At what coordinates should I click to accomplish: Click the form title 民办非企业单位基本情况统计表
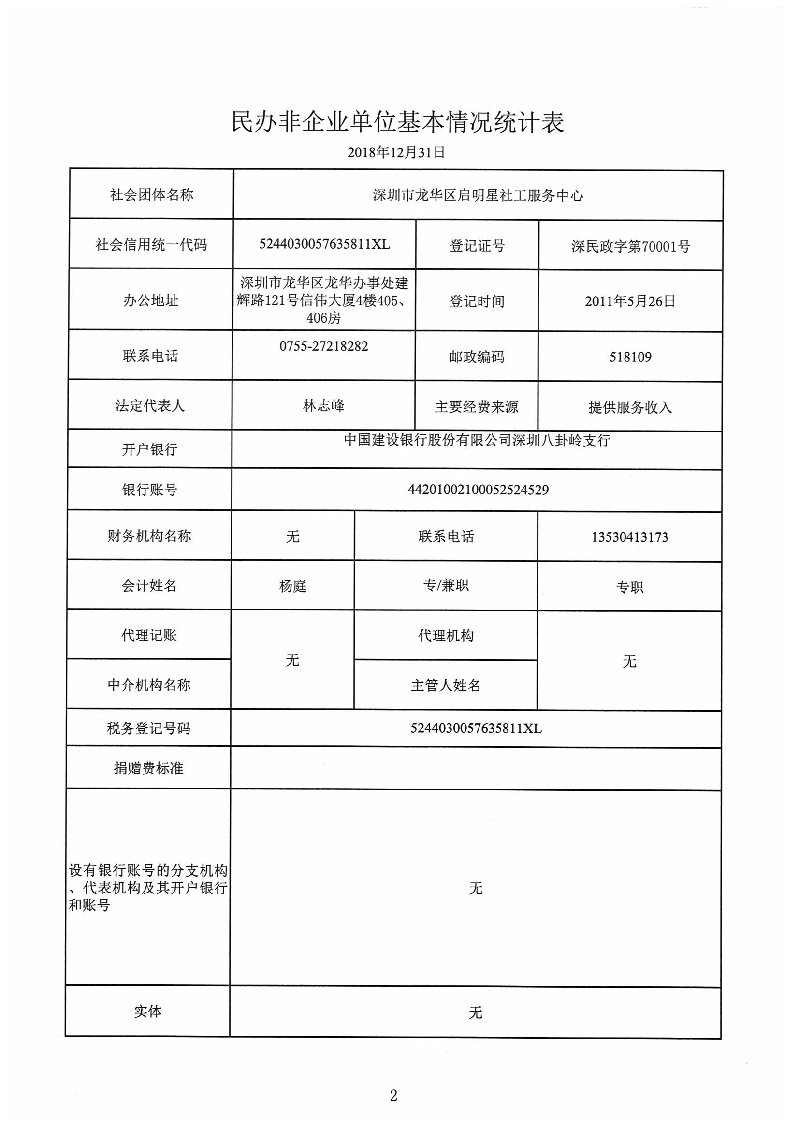(398, 122)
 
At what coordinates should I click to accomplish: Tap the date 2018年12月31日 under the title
(396, 152)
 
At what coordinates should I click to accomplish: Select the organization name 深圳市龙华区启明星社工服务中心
(478, 195)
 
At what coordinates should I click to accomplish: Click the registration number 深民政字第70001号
(631, 246)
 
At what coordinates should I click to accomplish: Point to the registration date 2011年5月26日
(630, 301)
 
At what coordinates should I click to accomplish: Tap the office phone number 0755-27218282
(323, 346)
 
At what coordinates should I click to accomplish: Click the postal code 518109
(630, 357)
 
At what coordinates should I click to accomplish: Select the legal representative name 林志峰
(323, 406)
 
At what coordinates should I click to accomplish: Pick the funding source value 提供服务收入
(630, 407)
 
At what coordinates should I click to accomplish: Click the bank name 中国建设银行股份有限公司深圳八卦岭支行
(477, 440)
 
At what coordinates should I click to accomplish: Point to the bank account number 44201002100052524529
(478, 490)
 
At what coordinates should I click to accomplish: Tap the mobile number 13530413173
(630, 537)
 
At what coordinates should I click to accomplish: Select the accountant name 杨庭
(292, 586)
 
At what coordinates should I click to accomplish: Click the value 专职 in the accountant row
(630, 587)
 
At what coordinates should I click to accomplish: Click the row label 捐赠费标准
(149, 769)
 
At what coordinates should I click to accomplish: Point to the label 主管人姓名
(446, 685)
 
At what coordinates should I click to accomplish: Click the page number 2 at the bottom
(393, 1096)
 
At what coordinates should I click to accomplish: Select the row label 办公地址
(151, 300)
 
